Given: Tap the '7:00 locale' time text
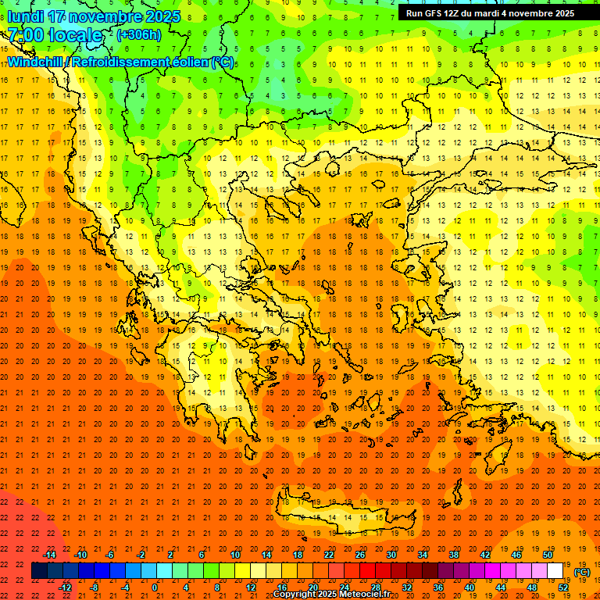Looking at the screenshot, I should point(55,35).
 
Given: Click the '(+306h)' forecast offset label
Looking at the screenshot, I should point(139,35).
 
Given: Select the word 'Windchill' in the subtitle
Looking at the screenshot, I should point(36,62).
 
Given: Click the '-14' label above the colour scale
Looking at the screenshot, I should point(51,555).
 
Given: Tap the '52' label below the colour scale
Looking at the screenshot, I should point(563,587).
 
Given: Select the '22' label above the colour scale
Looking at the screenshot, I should point(329,555).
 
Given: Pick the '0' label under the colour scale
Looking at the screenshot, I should point(155,587).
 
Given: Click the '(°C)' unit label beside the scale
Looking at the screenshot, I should point(582,572).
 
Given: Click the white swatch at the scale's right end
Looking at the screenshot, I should point(555,571).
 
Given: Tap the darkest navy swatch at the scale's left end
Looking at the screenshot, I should point(39,571).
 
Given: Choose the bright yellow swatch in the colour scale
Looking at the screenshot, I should point(243,571).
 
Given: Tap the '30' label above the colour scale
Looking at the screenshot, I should point(391,555).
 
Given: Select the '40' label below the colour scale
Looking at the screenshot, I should point(470,587).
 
